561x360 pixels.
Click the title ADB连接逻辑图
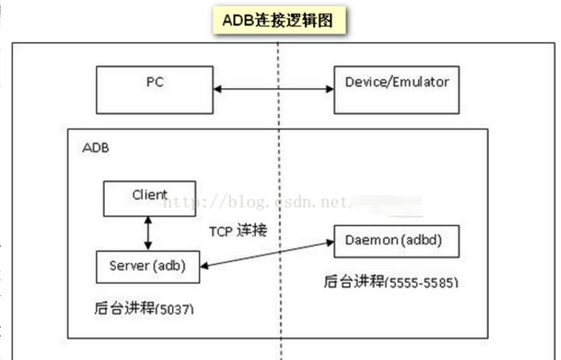[277, 21]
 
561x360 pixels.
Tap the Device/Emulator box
[397, 89]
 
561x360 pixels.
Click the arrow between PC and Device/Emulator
[273, 89]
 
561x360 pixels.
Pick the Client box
[149, 199]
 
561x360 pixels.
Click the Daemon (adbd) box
[396, 240]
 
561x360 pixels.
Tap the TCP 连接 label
[238, 231]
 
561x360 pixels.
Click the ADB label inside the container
[95, 148]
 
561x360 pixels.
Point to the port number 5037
[176, 310]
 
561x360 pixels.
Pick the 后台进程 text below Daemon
[354, 282]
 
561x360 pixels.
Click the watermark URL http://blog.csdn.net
[261, 203]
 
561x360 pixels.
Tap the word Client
[150, 194]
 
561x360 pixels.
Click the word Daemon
[371, 240]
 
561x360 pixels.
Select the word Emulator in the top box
[420, 82]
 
